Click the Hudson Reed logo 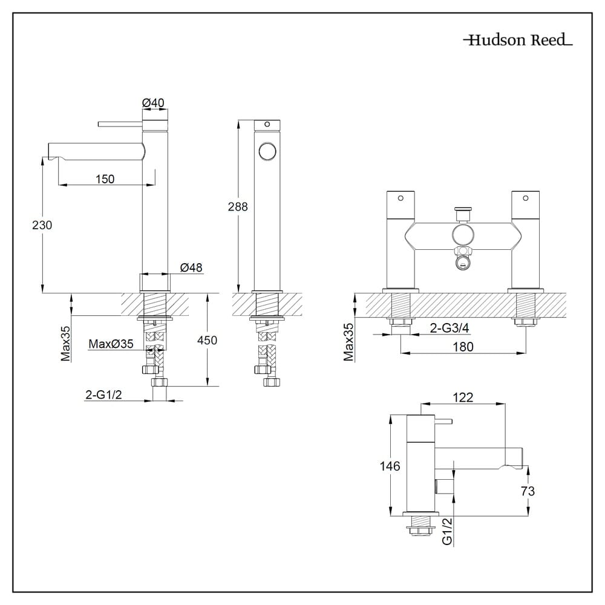(x=518, y=41)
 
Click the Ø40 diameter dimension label (x=154, y=103)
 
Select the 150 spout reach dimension (x=105, y=178)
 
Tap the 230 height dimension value (x=42, y=224)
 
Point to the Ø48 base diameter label (x=191, y=267)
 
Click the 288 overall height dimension (x=238, y=206)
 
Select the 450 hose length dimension (x=208, y=340)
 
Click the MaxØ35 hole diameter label (x=111, y=344)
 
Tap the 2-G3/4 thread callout (x=449, y=328)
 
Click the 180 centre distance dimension (x=462, y=346)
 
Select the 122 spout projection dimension (x=463, y=397)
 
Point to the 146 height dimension (x=390, y=466)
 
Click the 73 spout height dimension (x=528, y=491)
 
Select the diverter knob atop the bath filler (x=463, y=212)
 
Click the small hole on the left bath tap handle (x=400, y=198)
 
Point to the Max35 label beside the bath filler (x=349, y=342)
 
